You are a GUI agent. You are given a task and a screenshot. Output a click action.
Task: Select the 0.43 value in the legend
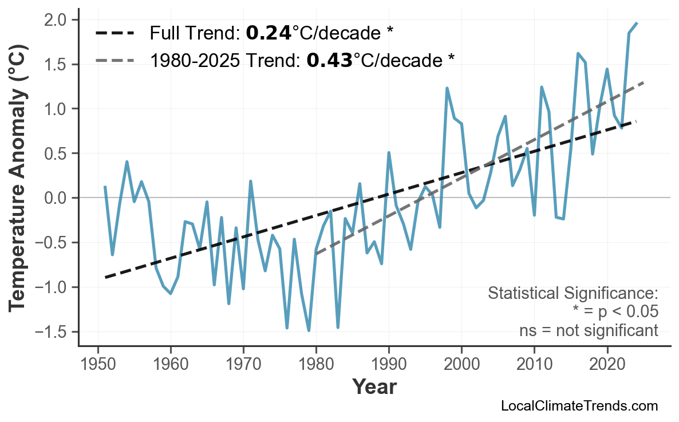pyautogui.click(x=329, y=60)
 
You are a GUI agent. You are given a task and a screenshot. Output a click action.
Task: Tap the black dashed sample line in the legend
pyautogui.click(x=115, y=33)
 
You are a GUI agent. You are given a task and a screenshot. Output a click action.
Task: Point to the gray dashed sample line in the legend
pyautogui.click(x=115, y=60)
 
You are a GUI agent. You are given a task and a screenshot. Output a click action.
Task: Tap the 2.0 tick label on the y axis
pyautogui.click(x=55, y=20)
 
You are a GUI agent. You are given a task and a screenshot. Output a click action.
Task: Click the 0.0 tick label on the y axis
pyautogui.click(x=55, y=198)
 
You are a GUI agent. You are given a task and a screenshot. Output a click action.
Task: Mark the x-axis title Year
pyautogui.click(x=374, y=387)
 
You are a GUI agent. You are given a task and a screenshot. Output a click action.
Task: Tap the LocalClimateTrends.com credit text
pyautogui.click(x=579, y=407)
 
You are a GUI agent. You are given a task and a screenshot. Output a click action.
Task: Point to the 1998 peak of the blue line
pyautogui.click(x=447, y=88)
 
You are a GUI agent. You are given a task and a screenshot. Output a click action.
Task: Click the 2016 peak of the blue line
pyautogui.click(x=578, y=53)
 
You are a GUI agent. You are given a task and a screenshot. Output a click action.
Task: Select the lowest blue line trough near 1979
pyautogui.click(x=309, y=330)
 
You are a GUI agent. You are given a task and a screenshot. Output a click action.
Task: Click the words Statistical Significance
pyautogui.click(x=573, y=294)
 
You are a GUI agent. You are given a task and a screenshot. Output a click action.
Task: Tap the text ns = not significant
pyautogui.click(x=588, y=330)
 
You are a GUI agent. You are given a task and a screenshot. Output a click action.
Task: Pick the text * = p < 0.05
pyautogui.click(x=615, y=312)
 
